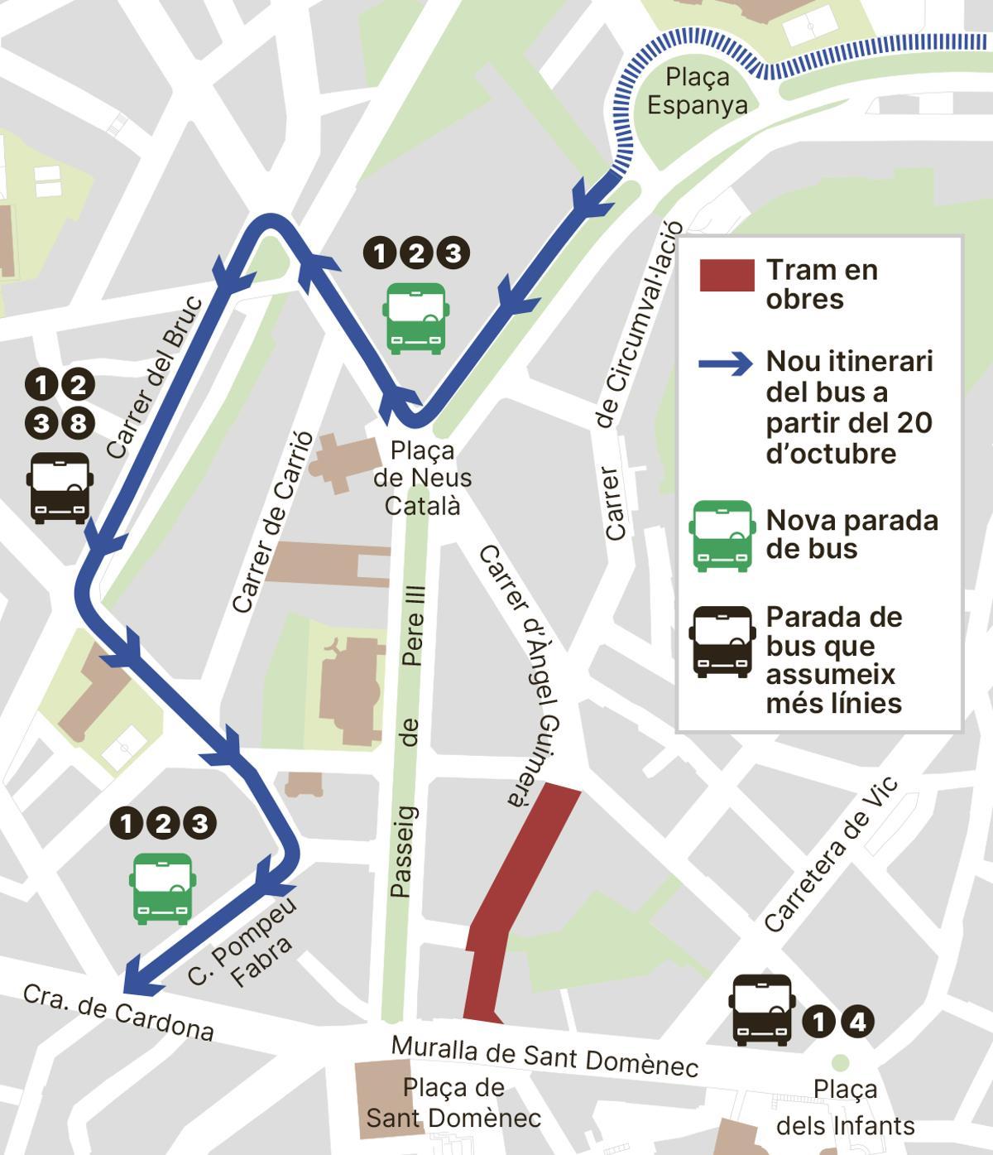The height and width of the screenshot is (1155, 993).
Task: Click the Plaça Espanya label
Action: [x=697, y=91]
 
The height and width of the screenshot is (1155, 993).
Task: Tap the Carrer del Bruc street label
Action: [x=155, y=377]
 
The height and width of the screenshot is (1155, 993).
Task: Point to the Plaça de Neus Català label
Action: [x=422, y=478]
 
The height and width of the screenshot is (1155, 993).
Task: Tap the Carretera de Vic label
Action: [x=830, y=854]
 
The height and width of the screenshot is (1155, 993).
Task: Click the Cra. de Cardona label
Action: [x=118, y=1011]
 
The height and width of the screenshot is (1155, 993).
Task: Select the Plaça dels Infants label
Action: [x=845, y=1107]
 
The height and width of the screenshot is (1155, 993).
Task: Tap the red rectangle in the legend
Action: [x=727, y=275]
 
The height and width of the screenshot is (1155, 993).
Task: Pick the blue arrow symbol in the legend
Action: [x=726, y=364]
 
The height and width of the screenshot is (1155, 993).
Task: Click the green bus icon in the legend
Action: [x=723, y=535]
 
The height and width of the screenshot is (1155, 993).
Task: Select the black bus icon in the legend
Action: [x=723, y=642]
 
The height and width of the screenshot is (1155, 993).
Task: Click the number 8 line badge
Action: [x=77, y=424]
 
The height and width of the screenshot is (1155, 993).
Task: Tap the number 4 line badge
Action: [x=857, y=1023]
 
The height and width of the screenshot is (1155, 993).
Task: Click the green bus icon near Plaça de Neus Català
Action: [x=416, y=318]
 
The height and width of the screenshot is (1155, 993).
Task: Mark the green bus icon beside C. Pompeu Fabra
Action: [x=162, y=888]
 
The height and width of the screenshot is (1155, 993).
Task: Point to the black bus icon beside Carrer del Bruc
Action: [x=60, y=487]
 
